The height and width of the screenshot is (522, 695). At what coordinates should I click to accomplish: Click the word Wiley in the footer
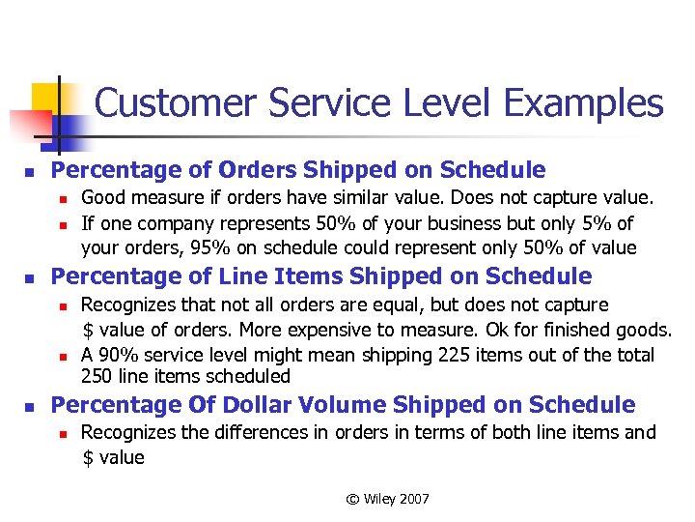pyautogui.click(x=384, y=499)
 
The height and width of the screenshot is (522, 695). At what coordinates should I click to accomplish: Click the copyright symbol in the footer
pyautogui.click(x=353, y=499)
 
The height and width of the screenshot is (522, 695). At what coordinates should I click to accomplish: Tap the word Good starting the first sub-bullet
pyautogui.click(x=101, y=198)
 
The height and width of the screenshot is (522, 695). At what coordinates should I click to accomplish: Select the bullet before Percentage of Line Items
pyautogui.click(x=30, y=278)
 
